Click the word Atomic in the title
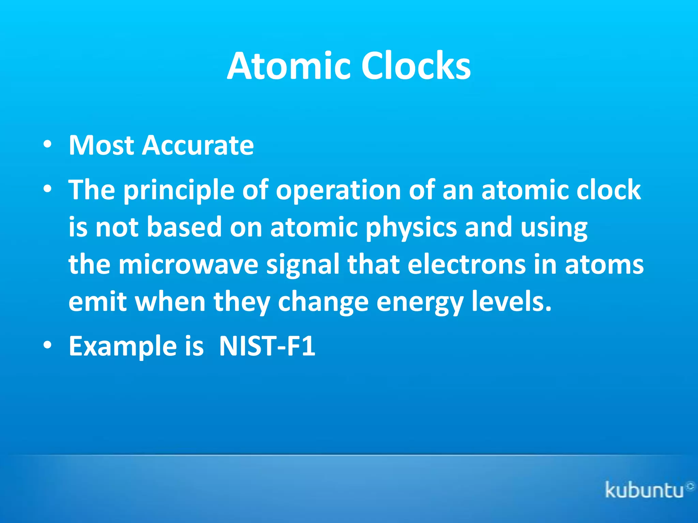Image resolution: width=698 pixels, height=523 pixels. [288, 66]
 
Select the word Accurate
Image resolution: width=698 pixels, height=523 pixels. [198, 145]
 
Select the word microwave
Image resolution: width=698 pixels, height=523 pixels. [188, 265]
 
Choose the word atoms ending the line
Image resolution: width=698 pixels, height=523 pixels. [604, 265]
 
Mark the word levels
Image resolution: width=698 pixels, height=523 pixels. [511, 302]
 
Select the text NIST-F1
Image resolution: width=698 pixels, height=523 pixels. [267, 346]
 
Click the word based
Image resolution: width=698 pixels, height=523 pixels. [184, 227]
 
